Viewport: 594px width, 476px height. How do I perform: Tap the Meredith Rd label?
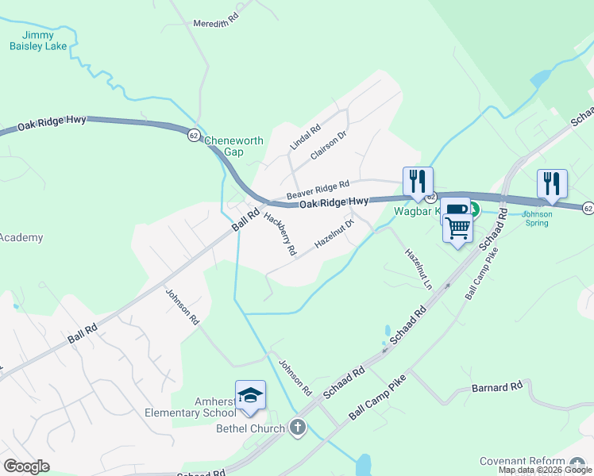coord(216,24)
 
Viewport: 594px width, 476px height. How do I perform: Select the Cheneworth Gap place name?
coord(234,146)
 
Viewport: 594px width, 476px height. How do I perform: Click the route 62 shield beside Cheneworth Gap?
coord(194,136)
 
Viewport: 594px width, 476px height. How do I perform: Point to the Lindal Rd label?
coord(305,137)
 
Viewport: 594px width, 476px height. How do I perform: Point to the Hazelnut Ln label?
coord(418,269)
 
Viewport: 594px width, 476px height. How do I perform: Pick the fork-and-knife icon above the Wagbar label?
coord(418,182)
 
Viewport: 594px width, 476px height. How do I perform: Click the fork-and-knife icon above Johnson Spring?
coord(552,184)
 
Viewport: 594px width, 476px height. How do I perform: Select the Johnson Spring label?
coord(537,219)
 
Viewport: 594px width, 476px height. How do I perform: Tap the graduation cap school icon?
coord(250,395)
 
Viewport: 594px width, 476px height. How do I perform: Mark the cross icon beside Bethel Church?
coord(298,428)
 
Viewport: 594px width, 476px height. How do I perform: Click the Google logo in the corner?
coord(26,466)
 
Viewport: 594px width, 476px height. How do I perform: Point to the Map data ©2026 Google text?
coord(545,470)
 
